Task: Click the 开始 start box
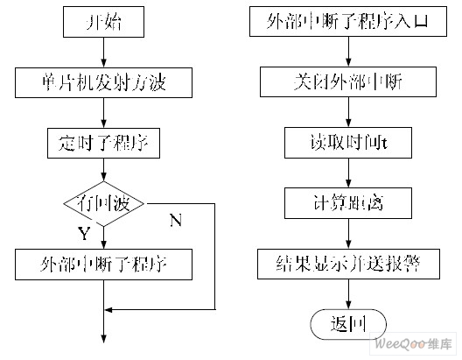(x=104, y=24)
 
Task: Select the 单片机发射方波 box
(x=104, y=83)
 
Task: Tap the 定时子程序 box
(x=104, y=143)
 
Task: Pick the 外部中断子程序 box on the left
(x=104, y=263)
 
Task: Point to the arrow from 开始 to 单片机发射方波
(x=104, y=53)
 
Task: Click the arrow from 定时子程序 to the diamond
(x=104, y=172)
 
